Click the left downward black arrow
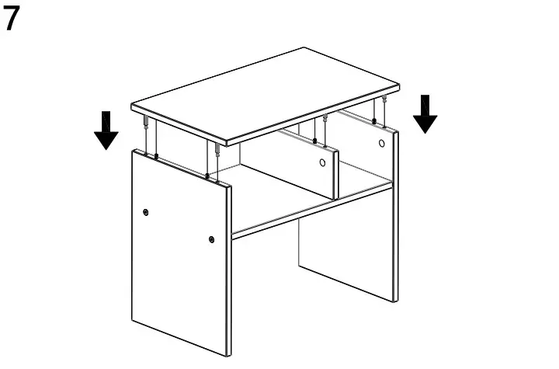point(106,130)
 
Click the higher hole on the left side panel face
point(147,212)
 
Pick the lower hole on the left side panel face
point(211,239)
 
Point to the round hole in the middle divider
point(322,163)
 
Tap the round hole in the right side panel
point(382,144)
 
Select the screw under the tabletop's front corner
point(217,151)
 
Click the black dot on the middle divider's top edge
point(314,141)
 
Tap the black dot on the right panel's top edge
point(374,121)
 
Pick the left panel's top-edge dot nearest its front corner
point(207,177)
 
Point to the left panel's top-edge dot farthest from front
point(156,157)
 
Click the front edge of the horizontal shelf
point(311,211)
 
